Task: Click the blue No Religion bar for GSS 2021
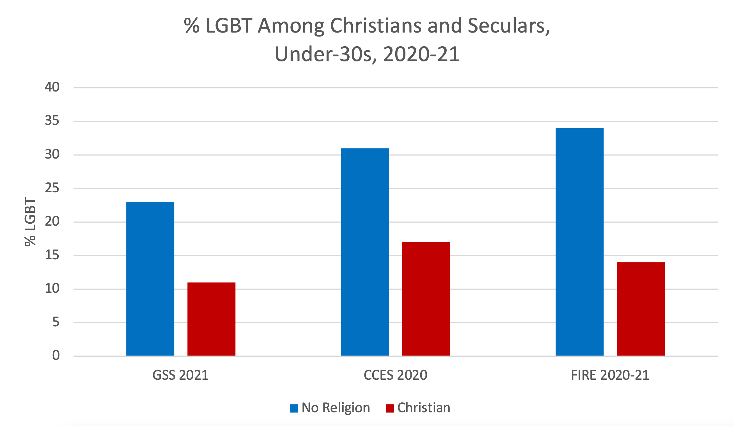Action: click(x=150, y=279)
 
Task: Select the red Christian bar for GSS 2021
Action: click(x=211, y=319)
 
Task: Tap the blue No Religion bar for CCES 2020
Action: click(x=365, y=252)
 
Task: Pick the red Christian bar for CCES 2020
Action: click(x=426, y=299)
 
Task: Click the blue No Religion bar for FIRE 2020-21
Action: click(x=579, y=242)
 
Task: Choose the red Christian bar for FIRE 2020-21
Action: click(x=641, y=309)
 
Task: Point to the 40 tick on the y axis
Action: click(x=52, y=87)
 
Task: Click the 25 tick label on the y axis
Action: click(x=52, y=188)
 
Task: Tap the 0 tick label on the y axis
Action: click(x=56, y=355)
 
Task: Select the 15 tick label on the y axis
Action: click(x=52, y=255)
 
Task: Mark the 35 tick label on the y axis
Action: click(x=52, y=121)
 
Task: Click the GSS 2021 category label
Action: click(x=180, y=375)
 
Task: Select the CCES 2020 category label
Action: click(x=395, y=375)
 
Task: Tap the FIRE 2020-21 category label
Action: click(x=610, y=375)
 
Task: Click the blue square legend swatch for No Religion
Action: click(x=293, y=408)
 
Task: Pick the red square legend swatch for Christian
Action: click(x=389, y=408)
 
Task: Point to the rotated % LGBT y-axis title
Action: click(x=30, y=221)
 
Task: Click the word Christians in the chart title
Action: click(x=376, y=26)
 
